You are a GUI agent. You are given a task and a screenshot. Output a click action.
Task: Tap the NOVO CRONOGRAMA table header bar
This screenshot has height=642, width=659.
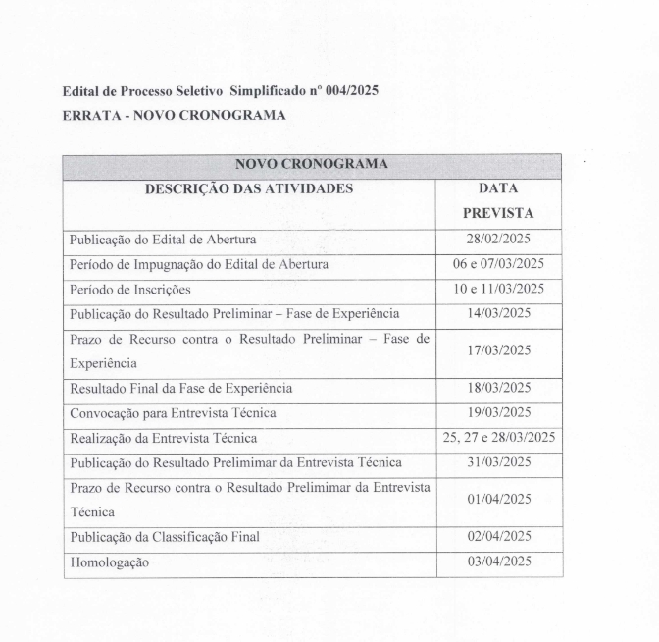pos(312,164)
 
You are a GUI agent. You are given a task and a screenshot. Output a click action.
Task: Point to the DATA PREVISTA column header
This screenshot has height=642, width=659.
pos(498,199)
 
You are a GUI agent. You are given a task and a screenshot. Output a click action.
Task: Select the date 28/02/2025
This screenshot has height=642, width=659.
pos(498,239)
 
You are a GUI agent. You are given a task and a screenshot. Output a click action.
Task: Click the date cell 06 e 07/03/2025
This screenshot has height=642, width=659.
pos(498,264)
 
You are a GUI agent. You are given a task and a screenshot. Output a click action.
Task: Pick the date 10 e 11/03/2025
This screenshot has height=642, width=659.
pos(498,289)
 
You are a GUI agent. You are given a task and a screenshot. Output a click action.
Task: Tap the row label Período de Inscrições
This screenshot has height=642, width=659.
pos(129,290)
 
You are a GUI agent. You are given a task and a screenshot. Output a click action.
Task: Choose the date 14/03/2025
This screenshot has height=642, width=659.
pos(498,313)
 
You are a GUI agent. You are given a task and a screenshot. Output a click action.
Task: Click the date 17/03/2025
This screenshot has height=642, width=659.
pos(498,350)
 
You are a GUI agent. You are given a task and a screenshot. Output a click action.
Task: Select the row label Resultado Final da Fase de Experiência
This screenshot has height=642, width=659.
pos(180,388)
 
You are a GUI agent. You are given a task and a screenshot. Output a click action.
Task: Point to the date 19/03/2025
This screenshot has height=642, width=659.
pos(498,412)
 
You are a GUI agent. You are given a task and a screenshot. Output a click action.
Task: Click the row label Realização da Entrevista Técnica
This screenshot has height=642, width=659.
pos(163,438)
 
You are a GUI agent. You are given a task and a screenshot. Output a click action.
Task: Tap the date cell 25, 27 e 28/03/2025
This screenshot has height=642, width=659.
pos(498,437)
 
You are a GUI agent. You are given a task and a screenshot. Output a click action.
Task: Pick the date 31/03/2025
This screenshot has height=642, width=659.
pos(498,461)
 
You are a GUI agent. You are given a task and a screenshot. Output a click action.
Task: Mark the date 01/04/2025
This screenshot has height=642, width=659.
pos(498,499)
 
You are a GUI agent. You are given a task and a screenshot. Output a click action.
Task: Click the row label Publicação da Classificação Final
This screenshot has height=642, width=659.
pos(164,537)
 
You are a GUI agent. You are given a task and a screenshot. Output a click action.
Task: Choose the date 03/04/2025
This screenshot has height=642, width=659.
pos(498,561)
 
